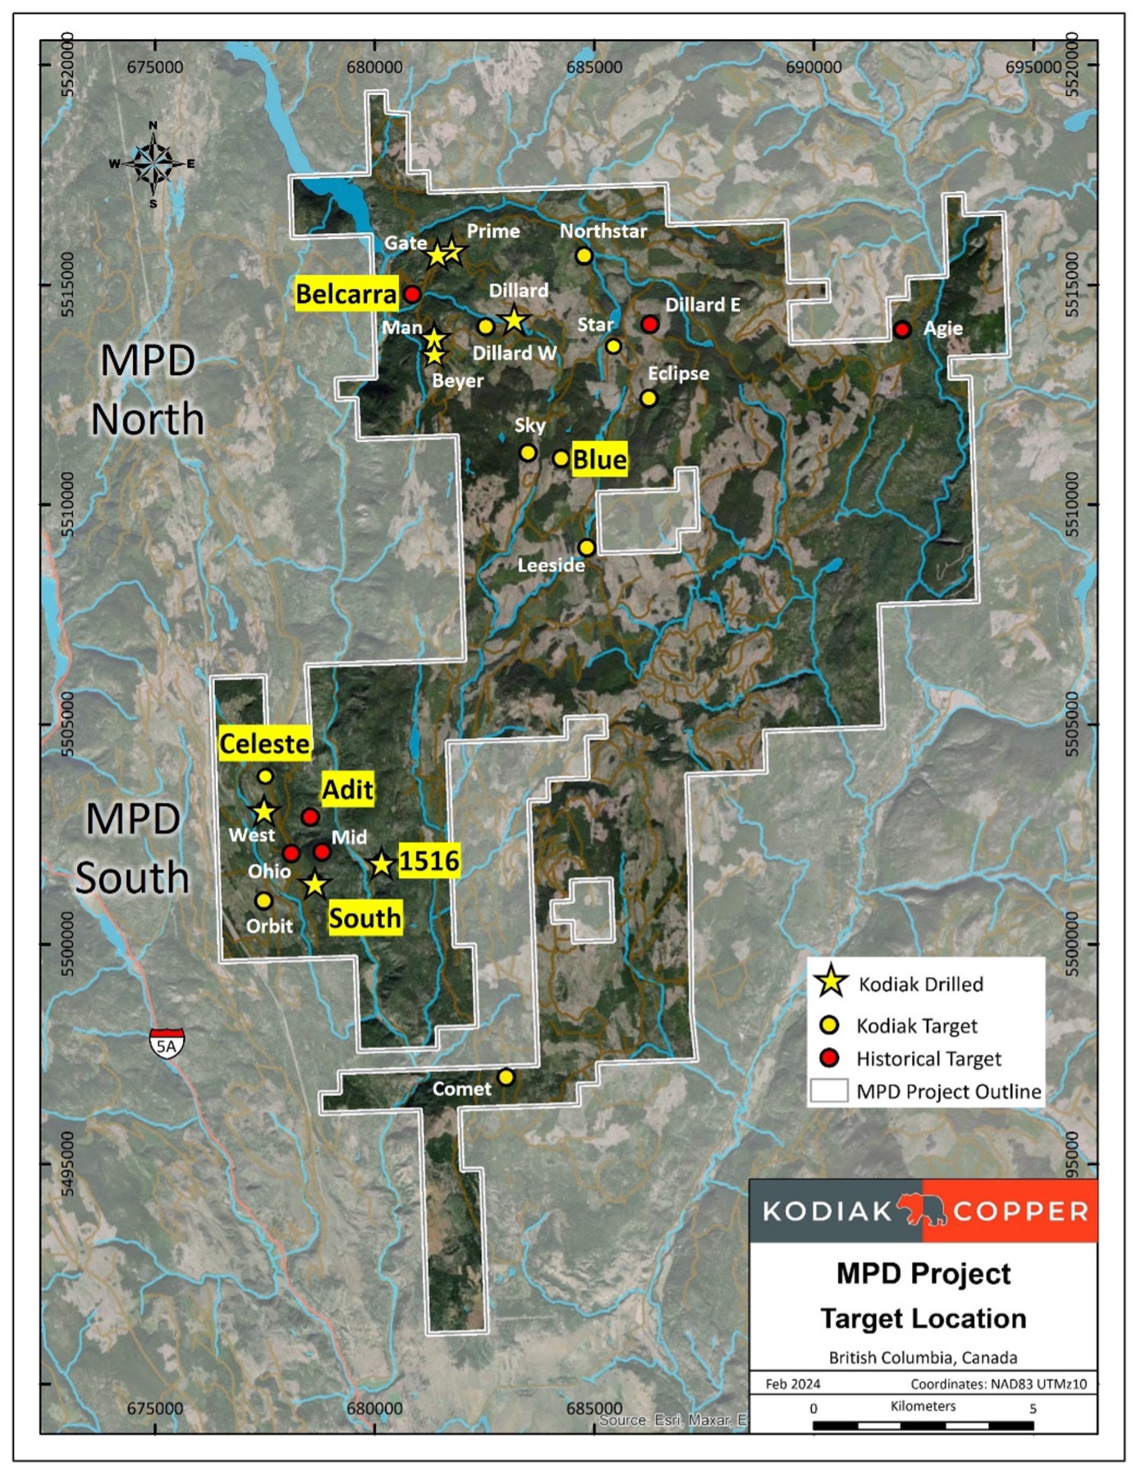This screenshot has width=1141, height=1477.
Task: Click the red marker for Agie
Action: [x=902, y=330]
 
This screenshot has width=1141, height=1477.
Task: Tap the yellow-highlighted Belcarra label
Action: [x=346, y=294]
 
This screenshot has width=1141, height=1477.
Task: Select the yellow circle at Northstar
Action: [x=584, y=255]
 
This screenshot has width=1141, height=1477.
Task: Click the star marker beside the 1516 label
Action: [x=381, y=865]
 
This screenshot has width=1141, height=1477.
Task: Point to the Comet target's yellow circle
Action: [x=506, y=1076]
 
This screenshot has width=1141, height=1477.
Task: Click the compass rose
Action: [x=154, y=163]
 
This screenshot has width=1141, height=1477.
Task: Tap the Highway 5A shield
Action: [x=167, y=1044]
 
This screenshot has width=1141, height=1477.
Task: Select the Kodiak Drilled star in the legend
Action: [x=831, y=981]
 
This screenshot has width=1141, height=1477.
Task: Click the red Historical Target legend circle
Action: [x=830, y=1057]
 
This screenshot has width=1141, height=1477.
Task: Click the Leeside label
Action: [x=551, y=566]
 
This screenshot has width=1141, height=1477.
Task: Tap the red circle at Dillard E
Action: [x=650, y=324]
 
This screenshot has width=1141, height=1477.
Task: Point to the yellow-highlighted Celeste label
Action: [x=264, y=744]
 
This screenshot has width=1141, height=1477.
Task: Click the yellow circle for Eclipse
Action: [x=648, y=399]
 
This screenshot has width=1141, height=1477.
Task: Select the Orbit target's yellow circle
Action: [x=263, y=901]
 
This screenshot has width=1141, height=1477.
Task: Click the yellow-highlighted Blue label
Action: [x=599, y=460]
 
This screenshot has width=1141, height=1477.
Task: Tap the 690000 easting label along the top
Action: [x=813, y=67]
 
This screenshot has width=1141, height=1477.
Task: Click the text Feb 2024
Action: [x=792, y=1383]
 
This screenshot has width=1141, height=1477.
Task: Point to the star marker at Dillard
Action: [x=514, y=319]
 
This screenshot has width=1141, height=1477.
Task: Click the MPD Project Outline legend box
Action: [x=829, y=1090]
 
